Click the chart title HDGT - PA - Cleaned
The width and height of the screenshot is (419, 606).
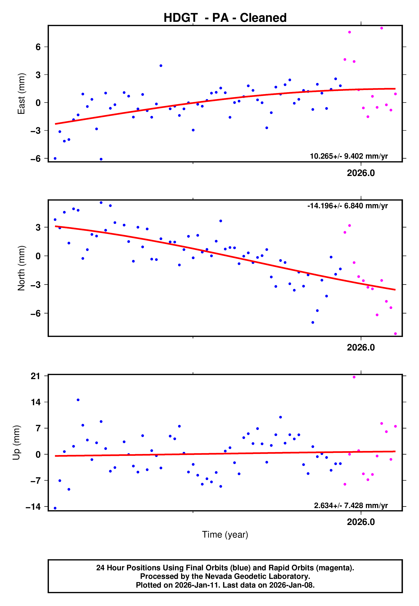click(x=225, y=18)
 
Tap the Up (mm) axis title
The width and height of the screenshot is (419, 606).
click(x=16, y=443)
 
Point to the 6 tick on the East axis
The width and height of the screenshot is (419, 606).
click(x=38, y=47)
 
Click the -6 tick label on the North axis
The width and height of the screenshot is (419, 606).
click(x=36, y=313)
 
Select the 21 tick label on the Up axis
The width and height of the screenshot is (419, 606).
click(x=36, y=376)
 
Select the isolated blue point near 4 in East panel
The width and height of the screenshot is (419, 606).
click(x=161, y=66)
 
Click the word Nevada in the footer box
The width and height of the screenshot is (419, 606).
click(x=218, y=576)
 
